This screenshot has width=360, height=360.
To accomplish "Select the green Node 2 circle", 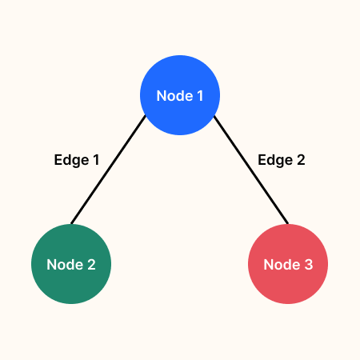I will [x=70, y=264].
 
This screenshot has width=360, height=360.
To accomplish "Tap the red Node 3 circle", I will [x=288, y=264].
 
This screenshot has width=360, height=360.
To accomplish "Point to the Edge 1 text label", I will [x=77, y=159].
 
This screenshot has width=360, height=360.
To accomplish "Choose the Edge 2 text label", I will [x=282, y=159].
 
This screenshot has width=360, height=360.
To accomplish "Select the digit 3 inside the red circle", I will [x=308, y=265].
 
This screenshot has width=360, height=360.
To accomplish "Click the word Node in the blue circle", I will [x=173, y=96].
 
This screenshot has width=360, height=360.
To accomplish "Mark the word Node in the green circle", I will [x=64, y=265].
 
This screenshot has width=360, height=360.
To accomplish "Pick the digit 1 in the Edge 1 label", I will [x=95, y=159].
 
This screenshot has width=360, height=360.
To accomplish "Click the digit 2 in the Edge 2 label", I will [x=300, y=159].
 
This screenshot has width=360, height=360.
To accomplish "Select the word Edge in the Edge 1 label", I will [x=70, y=159].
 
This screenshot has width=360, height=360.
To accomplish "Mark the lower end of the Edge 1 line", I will [x=72, y=222].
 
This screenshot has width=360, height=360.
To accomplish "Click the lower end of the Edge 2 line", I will [x=286, y=222].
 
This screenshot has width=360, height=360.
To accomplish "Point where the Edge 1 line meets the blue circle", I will [x=146, y=117].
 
